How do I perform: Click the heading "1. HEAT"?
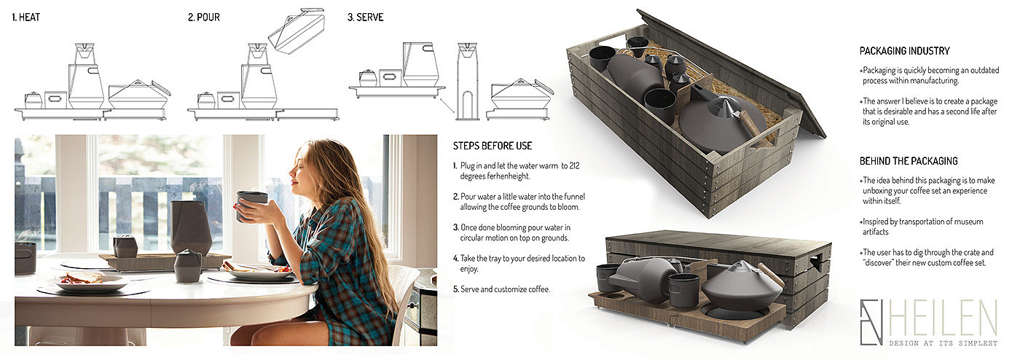(x=26, y=17)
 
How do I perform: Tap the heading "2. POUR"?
(x=203, y=17)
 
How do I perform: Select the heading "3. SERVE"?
(x=365, y=17)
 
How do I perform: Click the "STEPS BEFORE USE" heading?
(x=493, y=146)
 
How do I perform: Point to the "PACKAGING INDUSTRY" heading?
(x=904, y=51)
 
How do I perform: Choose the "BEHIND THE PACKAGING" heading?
(x=909, y=161)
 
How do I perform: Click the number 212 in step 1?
(x=574, y=166)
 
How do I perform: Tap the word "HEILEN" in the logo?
(x=942, y=318)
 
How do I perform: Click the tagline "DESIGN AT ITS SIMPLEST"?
(x=943, y=343)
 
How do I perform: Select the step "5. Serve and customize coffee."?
(x=501, y=289)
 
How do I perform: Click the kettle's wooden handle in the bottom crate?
(x=770, y=274)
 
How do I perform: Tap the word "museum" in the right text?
(x=968, y=222)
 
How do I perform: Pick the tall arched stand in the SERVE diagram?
(x=467, y=82)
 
